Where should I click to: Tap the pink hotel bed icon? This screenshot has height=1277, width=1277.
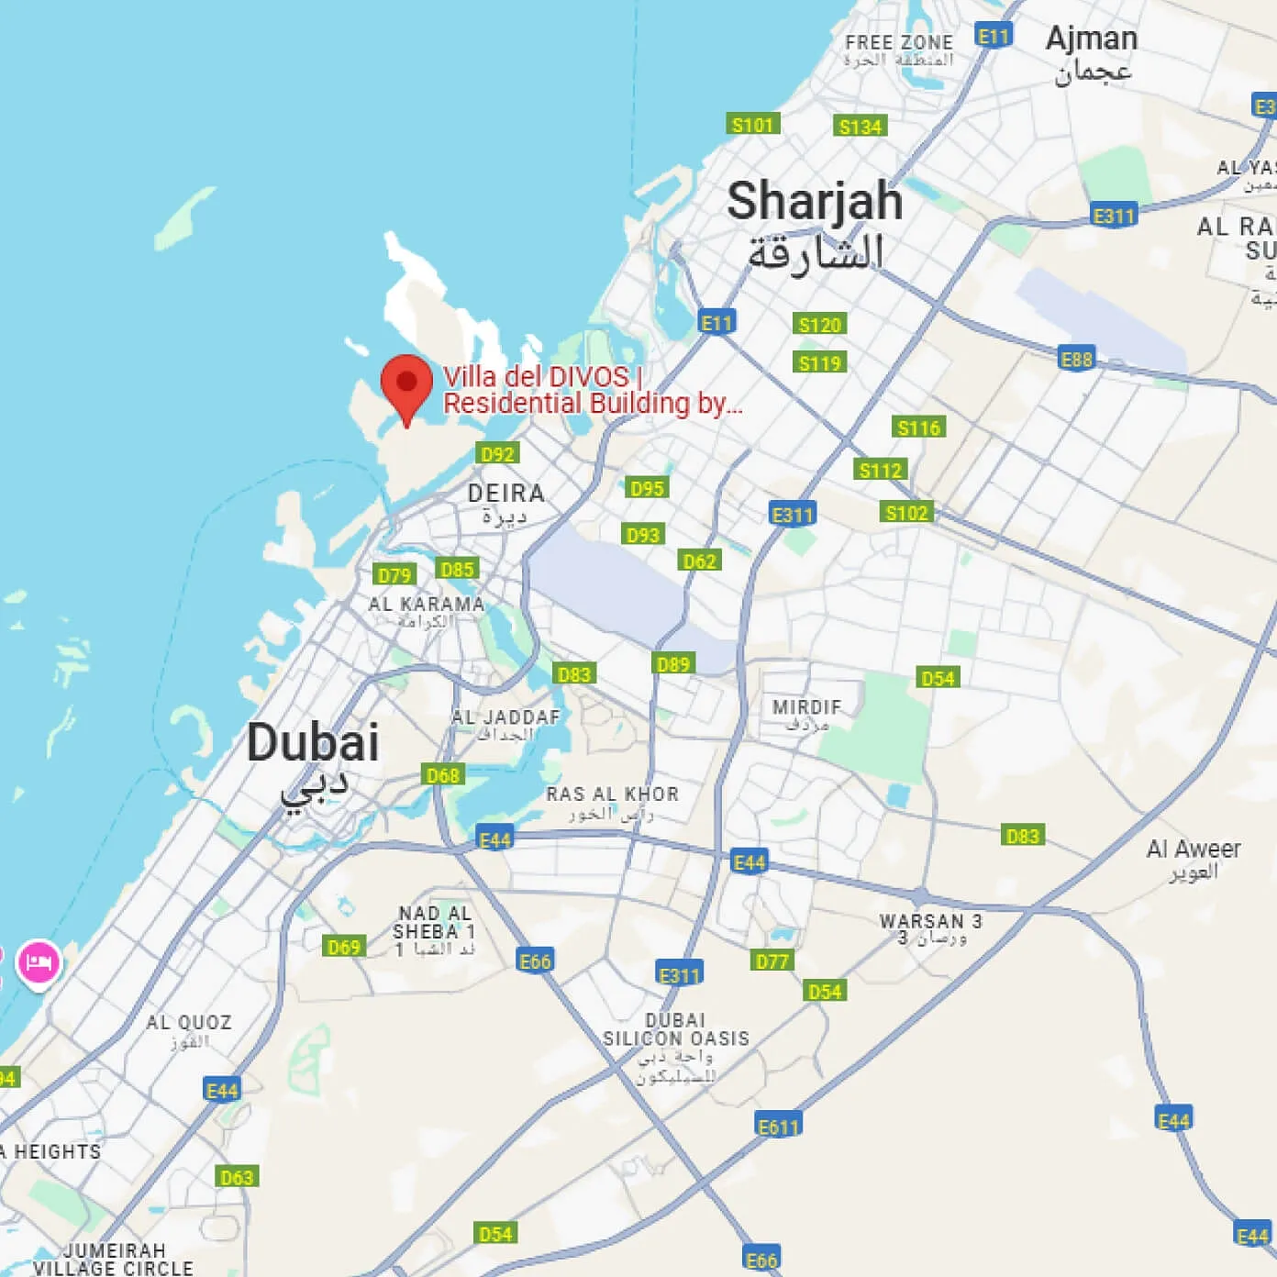click(x=39, y=963)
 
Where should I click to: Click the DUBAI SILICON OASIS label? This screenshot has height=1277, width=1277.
click(x=676, y=1029)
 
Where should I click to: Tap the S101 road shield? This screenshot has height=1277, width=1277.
click(x=752, y=125)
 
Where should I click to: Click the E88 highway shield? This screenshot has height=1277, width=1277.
click(x=1076, y=359)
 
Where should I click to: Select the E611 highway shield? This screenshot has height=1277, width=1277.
click(x=779, y=1126)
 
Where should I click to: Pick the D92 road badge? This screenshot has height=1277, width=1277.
click(x=497, y=453)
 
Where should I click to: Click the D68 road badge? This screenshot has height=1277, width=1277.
click(x=443, y=775)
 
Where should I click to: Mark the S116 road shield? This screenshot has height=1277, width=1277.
click(x=918, y=428)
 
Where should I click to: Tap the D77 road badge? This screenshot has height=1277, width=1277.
click(x=772, y=961)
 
